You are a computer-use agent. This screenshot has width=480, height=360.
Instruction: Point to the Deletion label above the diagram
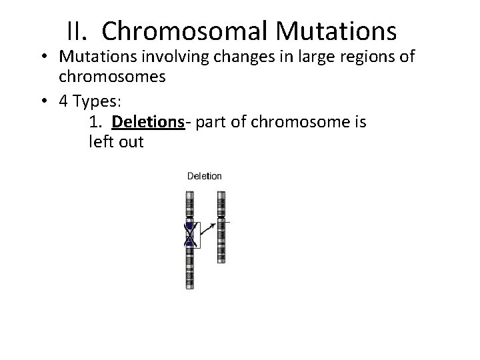coord(204,176)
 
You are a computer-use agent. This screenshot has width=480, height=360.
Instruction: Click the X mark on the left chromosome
coord(189,235)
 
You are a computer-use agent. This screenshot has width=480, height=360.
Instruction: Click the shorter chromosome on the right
coord(221,227)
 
